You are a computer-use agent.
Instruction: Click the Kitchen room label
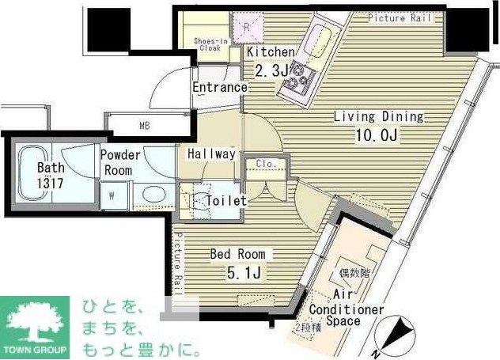(x=271, y=52)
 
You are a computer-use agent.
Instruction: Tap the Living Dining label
(x=378, y=117)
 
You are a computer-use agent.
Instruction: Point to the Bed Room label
(x=238, y=255)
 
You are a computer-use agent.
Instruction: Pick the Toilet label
(x=226, y=201)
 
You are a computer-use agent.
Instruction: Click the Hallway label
(x=211, y=154)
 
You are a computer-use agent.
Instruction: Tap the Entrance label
(x=220, y=87)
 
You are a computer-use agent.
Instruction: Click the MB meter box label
(x=145, y=125)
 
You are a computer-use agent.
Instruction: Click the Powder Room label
(x=120, y=162)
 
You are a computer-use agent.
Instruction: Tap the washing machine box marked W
(x=112, y=195)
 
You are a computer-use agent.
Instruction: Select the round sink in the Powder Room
(x=153, y=195)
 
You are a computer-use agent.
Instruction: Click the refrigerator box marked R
(x=247, y=28)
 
